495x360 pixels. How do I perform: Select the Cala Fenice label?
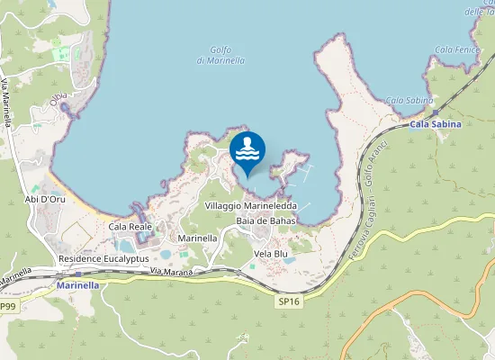click(x=454, y=49)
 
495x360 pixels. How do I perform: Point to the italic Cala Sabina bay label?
click(x=409, y=100)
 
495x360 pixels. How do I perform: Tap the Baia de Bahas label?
click(x=265, y=220)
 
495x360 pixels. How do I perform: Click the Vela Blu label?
click(x=270, y=254)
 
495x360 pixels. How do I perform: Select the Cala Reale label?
click(x=130, y=227)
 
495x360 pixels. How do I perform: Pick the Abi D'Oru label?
click(x=44, y=200)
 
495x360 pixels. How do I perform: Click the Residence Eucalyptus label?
click(x=103, y=258)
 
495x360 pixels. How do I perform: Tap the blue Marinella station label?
click(x=76, y=285)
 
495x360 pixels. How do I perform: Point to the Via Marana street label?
click(x=172, y=271)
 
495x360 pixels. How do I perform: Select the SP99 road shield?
click(x=7, y=307)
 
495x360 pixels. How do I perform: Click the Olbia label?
click(x=59, y=103)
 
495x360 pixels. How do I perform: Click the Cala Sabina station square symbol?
click(x=434, y=113)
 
